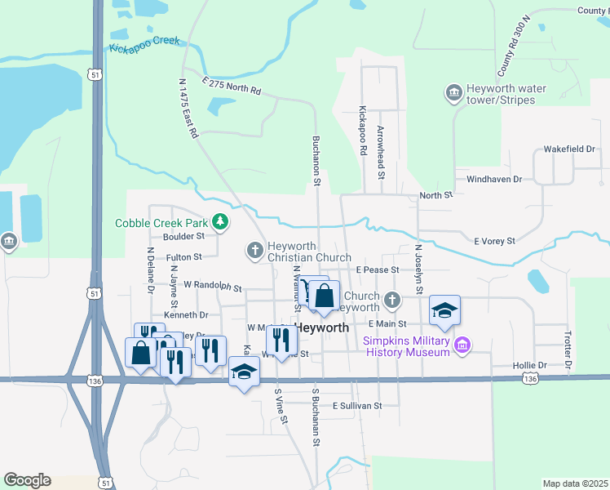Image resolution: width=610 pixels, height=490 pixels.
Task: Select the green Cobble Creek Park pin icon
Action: click(219, 221)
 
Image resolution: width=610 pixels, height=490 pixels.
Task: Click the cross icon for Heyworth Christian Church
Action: click(254, 249)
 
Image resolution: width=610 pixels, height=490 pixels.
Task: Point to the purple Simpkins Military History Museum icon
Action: click(462, 345)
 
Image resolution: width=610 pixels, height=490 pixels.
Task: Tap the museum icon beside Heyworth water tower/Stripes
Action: click(453, 94)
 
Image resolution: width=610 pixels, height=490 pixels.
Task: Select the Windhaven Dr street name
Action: click(493, 178)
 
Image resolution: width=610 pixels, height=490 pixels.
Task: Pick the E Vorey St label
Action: click(495, 241)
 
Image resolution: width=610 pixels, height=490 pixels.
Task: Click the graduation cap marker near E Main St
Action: click(445, 310)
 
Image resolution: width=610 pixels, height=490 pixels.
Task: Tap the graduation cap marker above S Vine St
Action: click(244, 373)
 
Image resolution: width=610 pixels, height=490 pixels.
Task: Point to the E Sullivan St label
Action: click(356, 405)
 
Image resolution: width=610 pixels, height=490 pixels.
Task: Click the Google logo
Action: click(27, 479)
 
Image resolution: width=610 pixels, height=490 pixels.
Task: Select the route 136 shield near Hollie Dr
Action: click(531, 378)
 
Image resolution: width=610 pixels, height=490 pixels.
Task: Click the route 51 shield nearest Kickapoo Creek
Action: click(96, 73)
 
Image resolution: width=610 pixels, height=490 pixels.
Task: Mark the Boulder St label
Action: click(183, 238)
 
